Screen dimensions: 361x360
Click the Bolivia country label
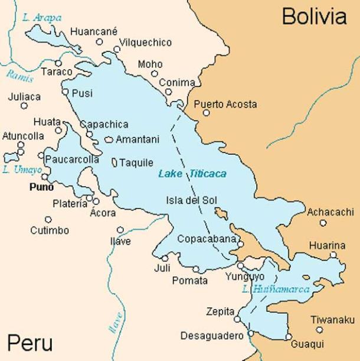313,17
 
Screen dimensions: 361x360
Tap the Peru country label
30,343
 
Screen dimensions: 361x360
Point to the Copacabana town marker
241,241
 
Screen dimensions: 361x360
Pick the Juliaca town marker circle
24,106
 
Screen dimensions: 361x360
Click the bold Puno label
41,187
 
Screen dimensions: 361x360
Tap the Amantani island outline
109,140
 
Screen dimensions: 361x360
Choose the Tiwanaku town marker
319,321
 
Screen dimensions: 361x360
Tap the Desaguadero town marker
251,334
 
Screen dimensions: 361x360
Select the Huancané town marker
100,42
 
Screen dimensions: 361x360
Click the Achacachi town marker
323,223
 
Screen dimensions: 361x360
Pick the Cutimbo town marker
48,219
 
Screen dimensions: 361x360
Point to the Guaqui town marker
289,337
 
